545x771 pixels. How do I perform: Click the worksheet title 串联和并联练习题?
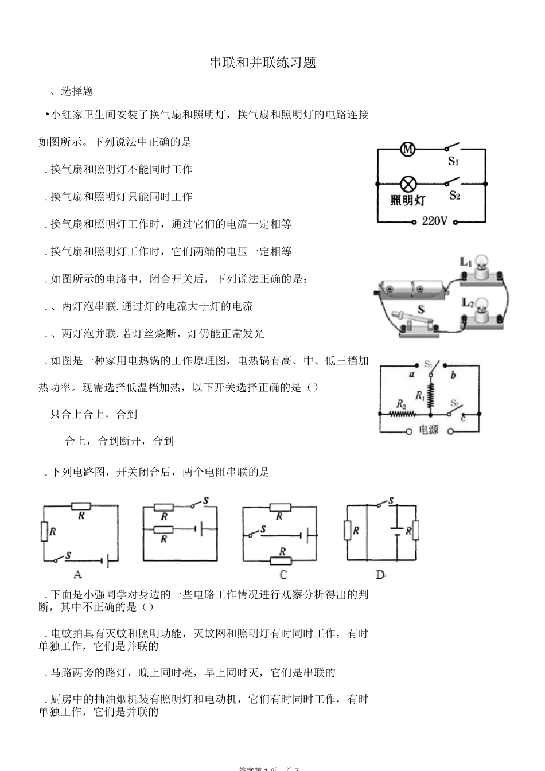263,63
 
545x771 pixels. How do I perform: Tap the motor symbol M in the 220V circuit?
407,150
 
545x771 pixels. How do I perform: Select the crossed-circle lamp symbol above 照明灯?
408,184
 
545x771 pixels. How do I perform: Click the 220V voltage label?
434,221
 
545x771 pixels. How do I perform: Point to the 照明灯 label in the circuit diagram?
408,201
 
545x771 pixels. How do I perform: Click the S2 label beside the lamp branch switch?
454,196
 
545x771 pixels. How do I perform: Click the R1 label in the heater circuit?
420,395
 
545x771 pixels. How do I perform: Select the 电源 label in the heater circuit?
429,430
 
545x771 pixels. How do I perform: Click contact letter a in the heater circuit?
411,375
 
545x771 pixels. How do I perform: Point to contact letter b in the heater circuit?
453,376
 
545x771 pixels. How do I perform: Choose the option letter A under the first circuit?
77,574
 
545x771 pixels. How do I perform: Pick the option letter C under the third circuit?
283,574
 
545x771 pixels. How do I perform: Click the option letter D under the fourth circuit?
380,574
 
